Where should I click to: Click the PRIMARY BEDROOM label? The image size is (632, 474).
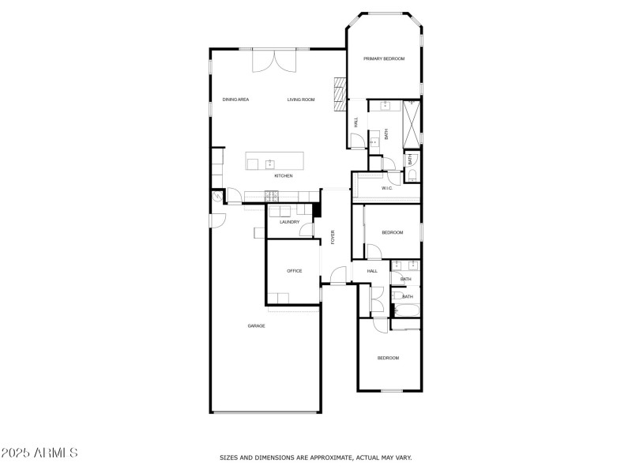coord(384,58)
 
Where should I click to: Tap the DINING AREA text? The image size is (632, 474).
coord(235,100)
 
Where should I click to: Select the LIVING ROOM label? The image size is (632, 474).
coord(301,100)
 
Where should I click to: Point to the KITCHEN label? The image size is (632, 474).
coord(284,175)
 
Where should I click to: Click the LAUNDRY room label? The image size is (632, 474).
coord(289,222)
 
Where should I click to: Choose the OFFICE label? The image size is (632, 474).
coord(294,271)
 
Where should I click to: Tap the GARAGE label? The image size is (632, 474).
coord(256,325)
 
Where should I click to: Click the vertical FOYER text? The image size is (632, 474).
coord(333,237)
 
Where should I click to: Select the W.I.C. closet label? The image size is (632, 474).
coord(387,188)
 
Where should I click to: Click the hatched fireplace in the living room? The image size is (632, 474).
coord(340,94)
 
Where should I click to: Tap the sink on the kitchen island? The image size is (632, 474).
coord(269,164)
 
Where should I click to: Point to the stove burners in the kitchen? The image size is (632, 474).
coord(272,196)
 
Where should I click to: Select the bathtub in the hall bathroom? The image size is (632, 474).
coord(407,310)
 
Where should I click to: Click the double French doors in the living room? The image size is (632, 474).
coord(274,61)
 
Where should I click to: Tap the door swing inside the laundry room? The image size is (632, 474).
coord(307,230)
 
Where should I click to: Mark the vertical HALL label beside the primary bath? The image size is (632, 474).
coord(356,122)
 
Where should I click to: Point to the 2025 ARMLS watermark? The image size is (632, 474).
coord(39,453)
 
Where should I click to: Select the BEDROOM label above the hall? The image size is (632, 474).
coord(392,232)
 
